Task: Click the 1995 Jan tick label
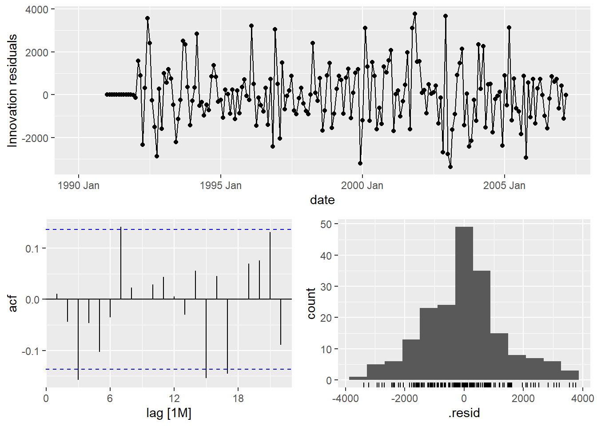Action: (220, 185)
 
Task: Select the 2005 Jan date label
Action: (504, 185)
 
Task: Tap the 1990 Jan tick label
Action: (79, 185)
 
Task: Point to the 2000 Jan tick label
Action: (362, 185)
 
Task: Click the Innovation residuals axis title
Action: (12, 91)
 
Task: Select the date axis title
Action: (322, 200)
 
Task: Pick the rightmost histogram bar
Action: (569, 375)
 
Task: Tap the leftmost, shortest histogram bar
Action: (358, 379)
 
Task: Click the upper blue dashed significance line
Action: (169, 229)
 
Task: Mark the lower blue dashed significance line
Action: (169, 369)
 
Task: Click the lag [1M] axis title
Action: (169, 413)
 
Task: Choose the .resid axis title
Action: (464, 413)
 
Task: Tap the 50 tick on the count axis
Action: (326, 224)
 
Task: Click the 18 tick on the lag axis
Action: (238, 398)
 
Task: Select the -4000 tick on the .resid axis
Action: (346, 398)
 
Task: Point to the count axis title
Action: (311, 304)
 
